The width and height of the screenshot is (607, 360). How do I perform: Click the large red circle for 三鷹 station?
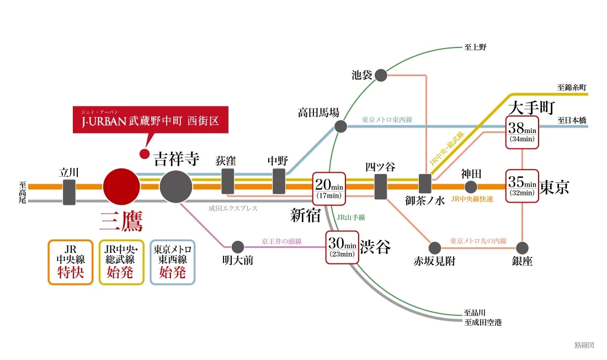121,187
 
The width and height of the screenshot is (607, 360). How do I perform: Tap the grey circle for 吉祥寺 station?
176,187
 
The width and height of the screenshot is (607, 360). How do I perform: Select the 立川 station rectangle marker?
70,192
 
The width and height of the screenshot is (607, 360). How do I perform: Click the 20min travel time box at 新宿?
329,189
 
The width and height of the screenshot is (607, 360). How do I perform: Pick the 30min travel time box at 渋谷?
342,247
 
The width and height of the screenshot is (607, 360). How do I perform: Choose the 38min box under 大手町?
522,132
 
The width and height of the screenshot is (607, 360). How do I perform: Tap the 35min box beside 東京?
522,186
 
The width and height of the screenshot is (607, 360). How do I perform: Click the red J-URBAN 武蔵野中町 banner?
151,120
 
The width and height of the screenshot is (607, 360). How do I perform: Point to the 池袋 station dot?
381,75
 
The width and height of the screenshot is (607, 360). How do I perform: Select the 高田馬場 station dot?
340,126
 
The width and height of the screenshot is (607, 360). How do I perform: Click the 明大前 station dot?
238,247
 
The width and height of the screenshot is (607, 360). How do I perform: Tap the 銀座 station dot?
522,248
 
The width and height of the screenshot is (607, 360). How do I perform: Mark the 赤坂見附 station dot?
435,248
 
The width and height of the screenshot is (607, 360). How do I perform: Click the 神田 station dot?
471,187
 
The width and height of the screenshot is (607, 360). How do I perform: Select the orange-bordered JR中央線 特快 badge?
71,262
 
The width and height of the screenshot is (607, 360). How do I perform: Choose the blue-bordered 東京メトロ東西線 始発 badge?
173,262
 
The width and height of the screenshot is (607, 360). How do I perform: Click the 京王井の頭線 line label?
281,241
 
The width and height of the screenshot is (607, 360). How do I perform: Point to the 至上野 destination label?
475,47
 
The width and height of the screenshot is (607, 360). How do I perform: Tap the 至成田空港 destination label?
483,322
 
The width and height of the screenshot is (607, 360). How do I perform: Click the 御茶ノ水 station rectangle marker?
425,184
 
